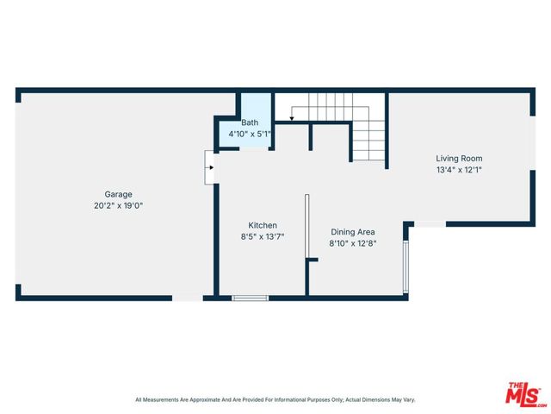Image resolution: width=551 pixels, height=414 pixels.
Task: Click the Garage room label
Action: tap(119, 194)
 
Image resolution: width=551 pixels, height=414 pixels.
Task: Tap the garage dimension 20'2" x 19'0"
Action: tap(119, 206)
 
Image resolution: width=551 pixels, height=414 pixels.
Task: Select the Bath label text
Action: tap(250, 123)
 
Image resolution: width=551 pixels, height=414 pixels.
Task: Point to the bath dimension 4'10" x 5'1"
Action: tap(250, 135)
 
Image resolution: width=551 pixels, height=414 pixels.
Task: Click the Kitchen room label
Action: tap(262, 224)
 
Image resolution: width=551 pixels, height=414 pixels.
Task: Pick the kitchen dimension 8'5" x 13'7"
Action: tap(262, 236)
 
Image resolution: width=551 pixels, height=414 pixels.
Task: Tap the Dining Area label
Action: tap(353, 231)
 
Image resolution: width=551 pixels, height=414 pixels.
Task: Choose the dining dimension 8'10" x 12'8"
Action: tap(353, 243)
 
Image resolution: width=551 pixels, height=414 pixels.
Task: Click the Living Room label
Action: tap(459, 158)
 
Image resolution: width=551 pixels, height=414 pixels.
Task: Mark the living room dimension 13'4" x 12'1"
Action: tap(459, 170)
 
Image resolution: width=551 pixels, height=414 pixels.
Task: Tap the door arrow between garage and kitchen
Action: tap(208, 167)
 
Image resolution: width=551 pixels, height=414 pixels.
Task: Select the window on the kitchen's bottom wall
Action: tap(251, 298)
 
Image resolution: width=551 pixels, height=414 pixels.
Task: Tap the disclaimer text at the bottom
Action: tap(275, 399)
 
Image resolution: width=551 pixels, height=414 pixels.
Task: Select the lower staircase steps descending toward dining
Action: tap(368, 142)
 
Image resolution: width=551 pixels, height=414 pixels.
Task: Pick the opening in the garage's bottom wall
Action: tap(187, 298)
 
